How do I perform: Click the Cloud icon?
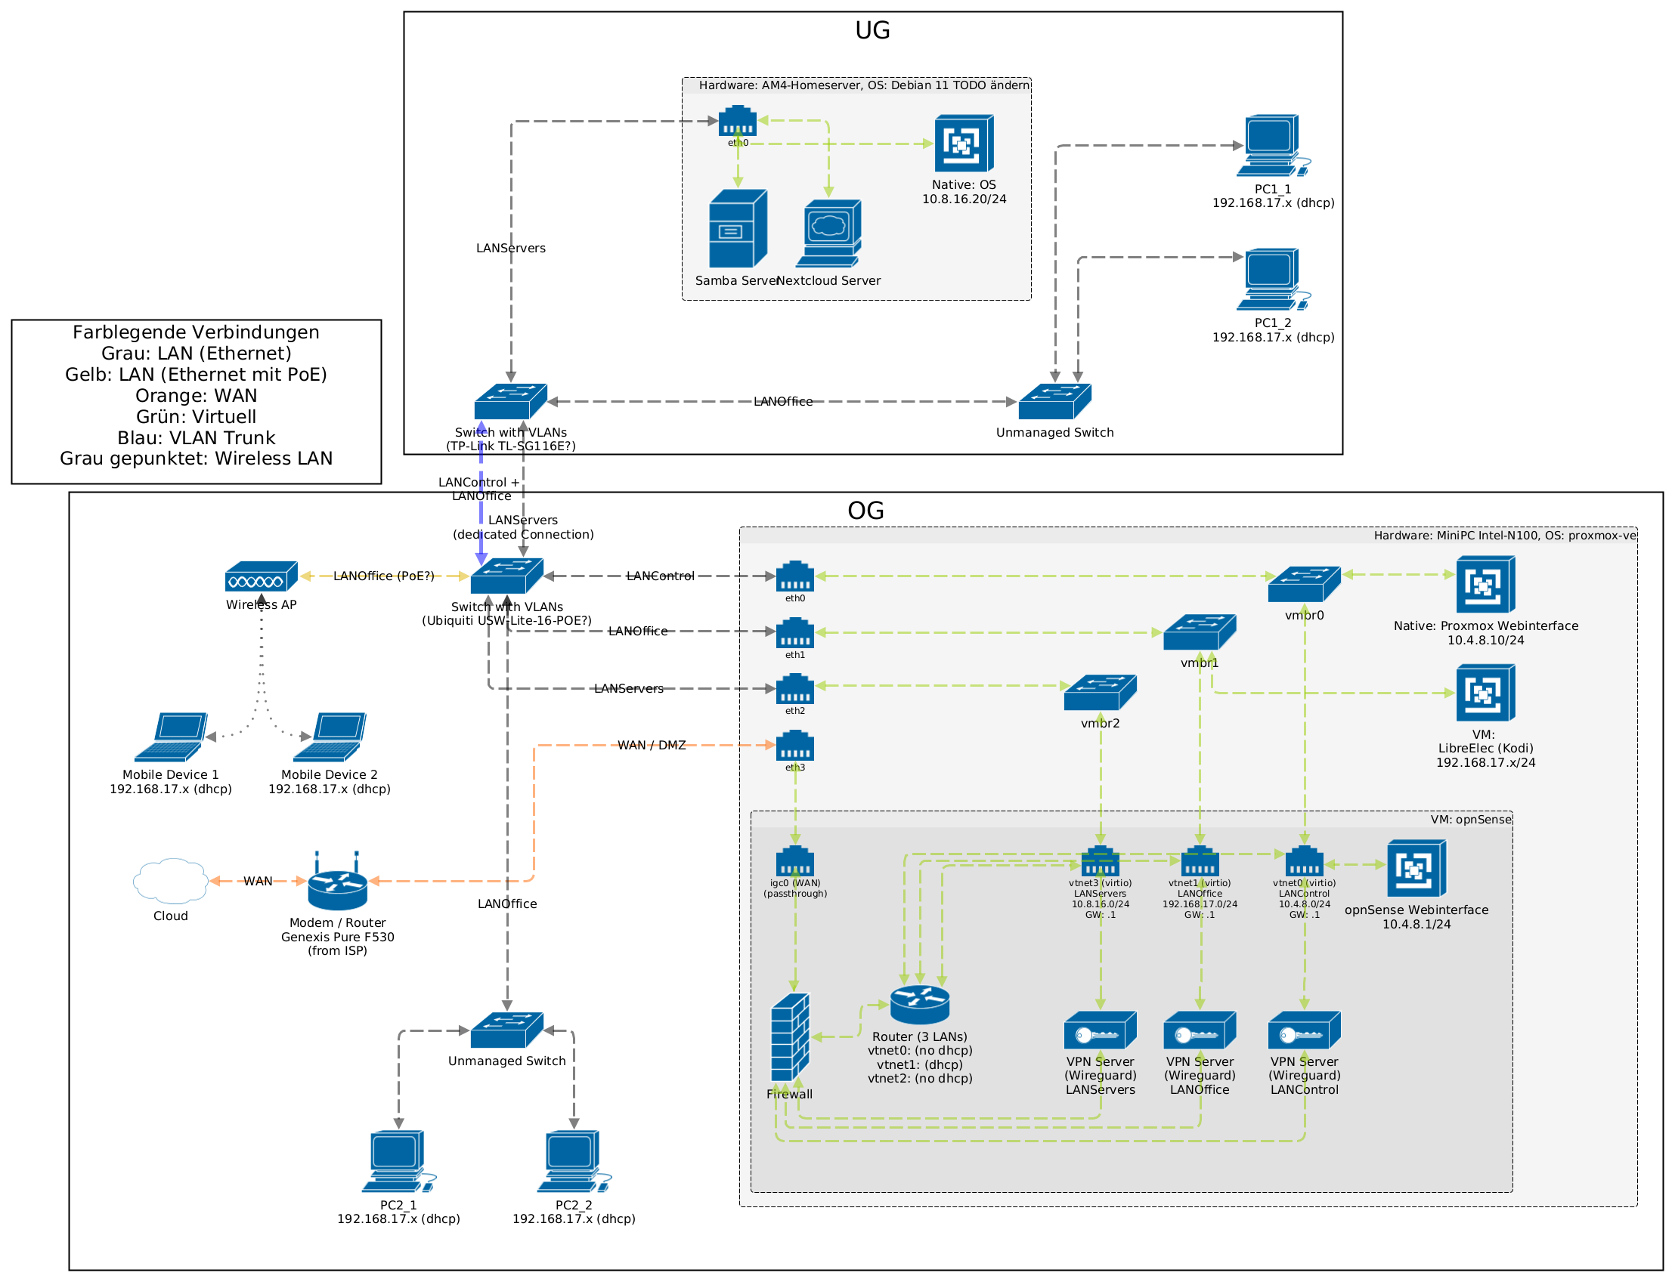pyautogui.click(x=170, y=881)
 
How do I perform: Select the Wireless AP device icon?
pyautogui.click(x=261, y=576)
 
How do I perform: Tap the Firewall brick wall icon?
pyautogui.click(x=790, y=1037)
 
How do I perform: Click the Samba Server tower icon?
pyautogui.click(x=738, y=229)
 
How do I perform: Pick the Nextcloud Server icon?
pyautogui.click(x=828, y=233)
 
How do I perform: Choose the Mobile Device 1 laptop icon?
pyautogui.click(x=171, y=737)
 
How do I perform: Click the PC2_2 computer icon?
pyautogui.click(x=573, y=1161)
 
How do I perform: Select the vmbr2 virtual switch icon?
pyautogui.click(x=1100, y=692)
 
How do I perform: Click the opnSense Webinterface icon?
pyautogui.click(x=1416, y=868)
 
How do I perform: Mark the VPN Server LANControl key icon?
pyautogui.click(x=1304, y=1030)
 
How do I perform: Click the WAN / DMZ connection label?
pyautogui.click(x=651, y=746)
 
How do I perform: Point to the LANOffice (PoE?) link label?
pyautogui.click(x=383, y=576)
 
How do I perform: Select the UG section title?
pyautogui.click(x=872, y=30)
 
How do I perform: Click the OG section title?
pyautogui.click(x=865, y=511)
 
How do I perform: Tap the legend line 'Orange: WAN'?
pyautogui.click(x=196, y=396)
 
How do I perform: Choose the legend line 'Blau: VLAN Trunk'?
pyautogui.click(x=196, y=438)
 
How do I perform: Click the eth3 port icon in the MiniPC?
pyautogui.click(x=795, y=746)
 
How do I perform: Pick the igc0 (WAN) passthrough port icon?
pyautogui.click(x=795, y=861)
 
